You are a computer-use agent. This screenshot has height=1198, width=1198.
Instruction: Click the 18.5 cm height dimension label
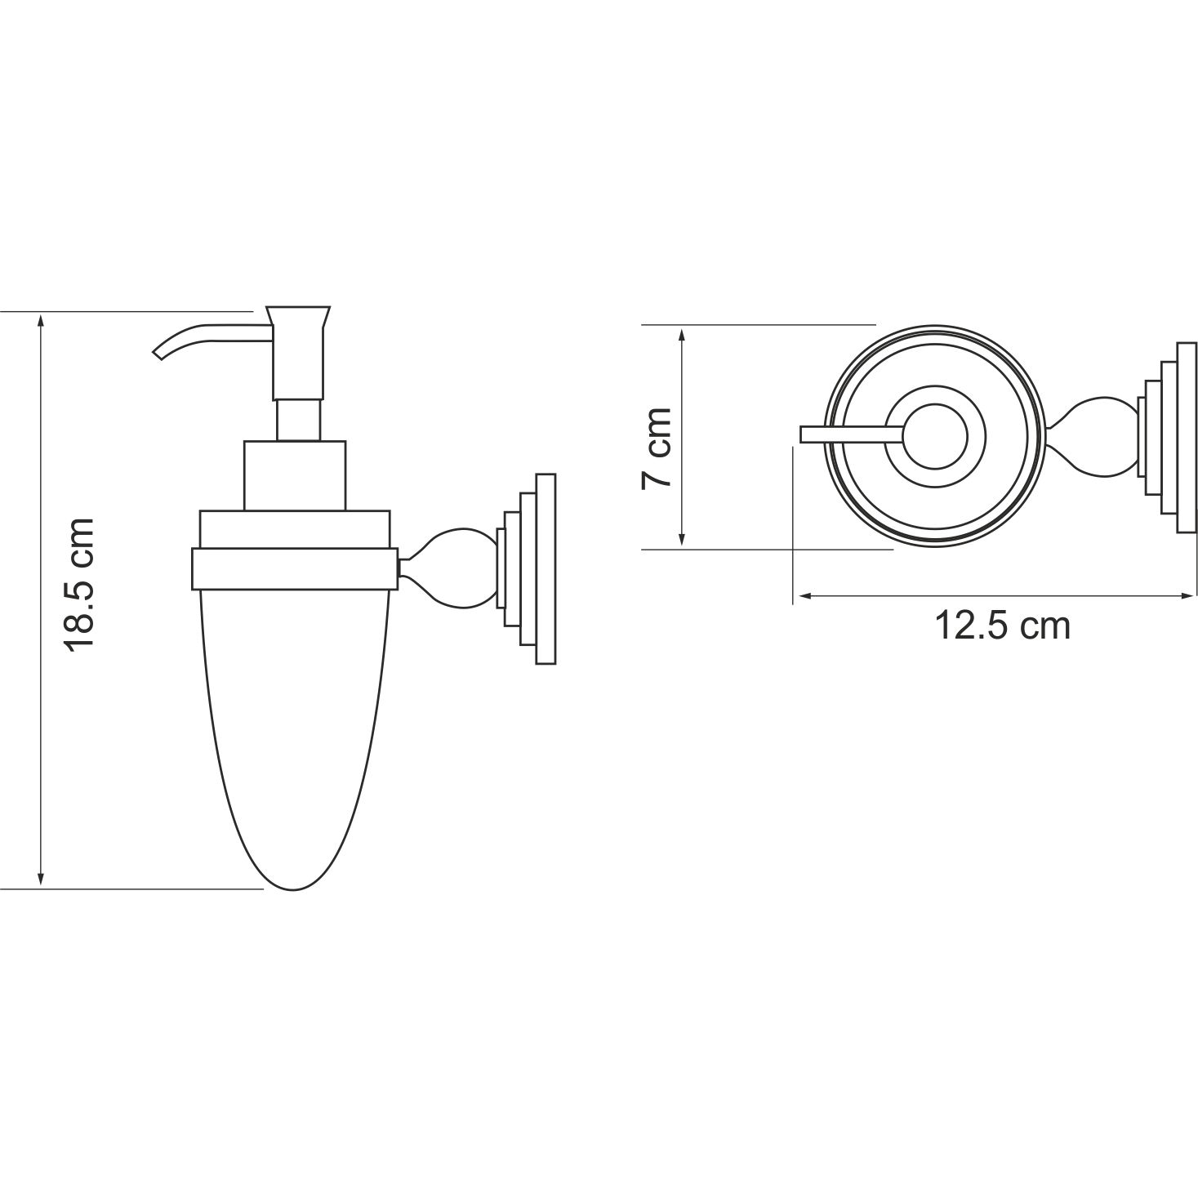point(82,583)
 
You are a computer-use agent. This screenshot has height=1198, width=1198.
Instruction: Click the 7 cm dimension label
point(657,448)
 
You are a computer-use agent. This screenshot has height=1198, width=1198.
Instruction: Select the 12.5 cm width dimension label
point(1001,626)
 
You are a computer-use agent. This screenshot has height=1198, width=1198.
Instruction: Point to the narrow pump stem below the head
point(298,420)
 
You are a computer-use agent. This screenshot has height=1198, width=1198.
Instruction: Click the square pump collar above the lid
point(294,476)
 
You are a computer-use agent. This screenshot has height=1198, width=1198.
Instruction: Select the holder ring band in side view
point(294,569)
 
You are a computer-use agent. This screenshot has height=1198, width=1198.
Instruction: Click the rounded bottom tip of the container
point(294,884)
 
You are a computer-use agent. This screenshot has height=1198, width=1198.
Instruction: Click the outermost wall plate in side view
point(545,569)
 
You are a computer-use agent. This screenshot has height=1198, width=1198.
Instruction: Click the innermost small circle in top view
point(934,438)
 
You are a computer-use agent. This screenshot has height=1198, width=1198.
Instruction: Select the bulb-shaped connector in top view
point(1094,436)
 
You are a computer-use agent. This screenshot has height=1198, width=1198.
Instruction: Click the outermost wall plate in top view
point(1187,437)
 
